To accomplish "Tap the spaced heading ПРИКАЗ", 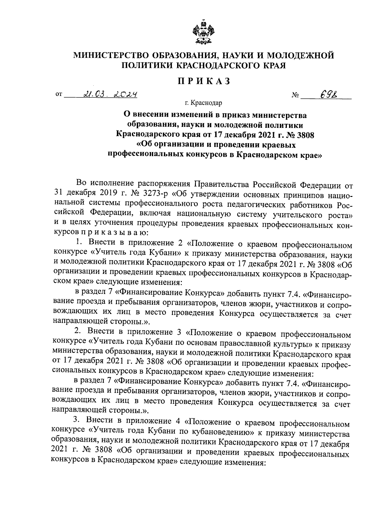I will click(x=203, y=81).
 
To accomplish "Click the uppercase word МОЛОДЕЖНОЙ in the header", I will click(x=300, y=56).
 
